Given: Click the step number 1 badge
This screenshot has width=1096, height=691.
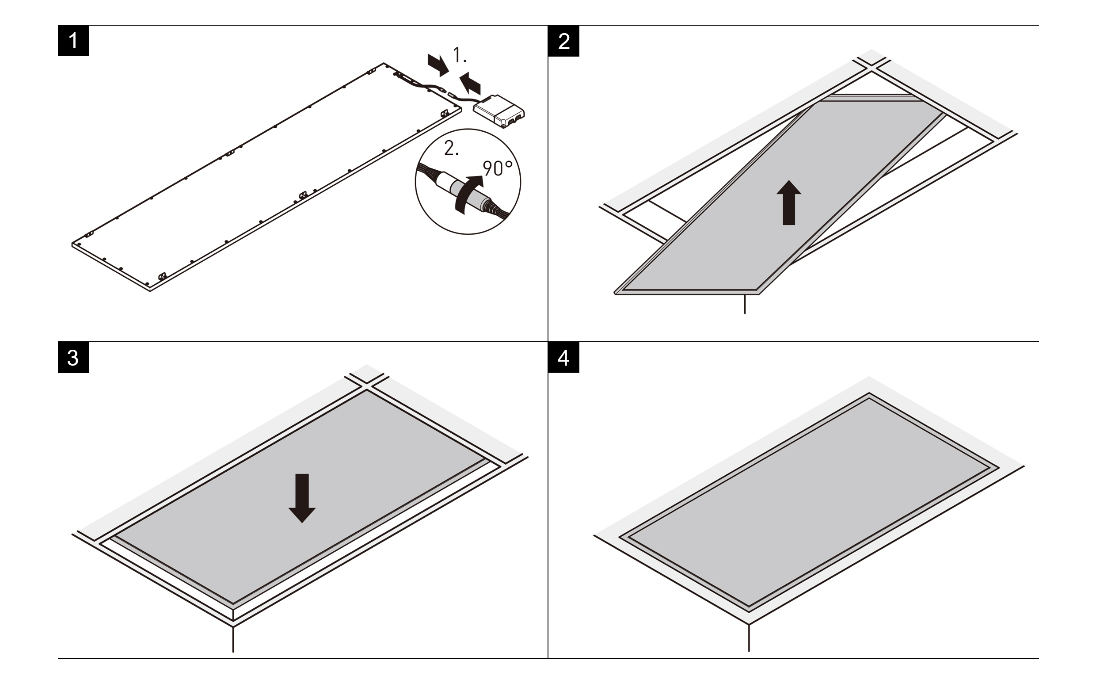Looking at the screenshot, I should click(x=73, y=41).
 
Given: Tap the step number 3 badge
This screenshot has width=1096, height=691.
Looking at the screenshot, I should click(x=73, y=358).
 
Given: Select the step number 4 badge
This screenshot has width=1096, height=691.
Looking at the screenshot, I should click(x=563, y=358).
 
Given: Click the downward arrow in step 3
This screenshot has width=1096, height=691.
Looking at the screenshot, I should click(x=302, y=497).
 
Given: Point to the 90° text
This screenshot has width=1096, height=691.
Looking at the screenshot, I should click(x=497, y=168).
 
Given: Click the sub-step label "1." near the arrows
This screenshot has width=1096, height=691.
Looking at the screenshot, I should click(x=460, y=56).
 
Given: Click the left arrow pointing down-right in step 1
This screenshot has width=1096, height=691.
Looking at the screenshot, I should click(x=438, y=65).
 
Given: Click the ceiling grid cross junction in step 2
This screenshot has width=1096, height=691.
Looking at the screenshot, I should click(x=871, y=66).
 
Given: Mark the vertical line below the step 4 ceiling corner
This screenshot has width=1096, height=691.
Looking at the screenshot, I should click(x=749, y=638).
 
